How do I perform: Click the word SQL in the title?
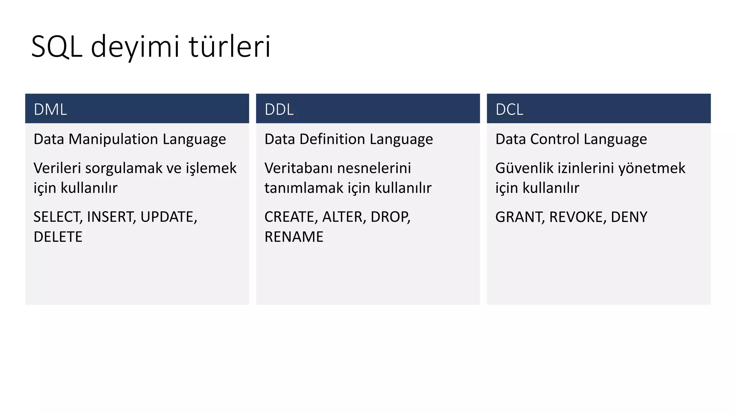(57, 47)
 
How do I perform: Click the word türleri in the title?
(230, 47)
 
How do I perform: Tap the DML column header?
(50, 109)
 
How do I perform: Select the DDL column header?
(279, 109)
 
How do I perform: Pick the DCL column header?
(509, 109)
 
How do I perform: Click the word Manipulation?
(113, 139)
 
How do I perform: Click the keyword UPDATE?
(168, 217)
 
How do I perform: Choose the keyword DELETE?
(58, 237)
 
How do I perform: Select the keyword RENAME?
(294, 237)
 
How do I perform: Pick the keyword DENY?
(629, 217)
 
